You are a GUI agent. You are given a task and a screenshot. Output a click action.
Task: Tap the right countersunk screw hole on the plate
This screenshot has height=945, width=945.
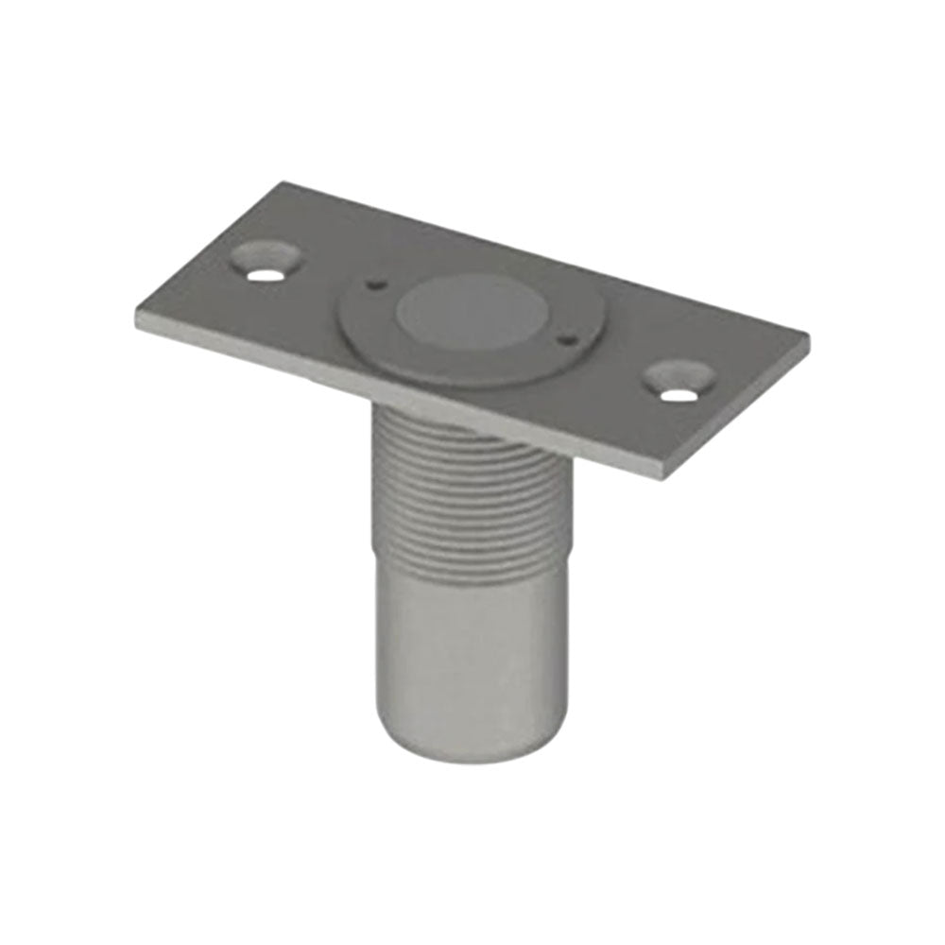[x=678, y=381]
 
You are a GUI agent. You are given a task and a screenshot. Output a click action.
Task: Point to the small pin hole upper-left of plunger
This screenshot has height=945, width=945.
[x=375, y=282]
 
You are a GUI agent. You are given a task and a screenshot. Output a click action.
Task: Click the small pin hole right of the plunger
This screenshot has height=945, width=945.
[x=565, y=337]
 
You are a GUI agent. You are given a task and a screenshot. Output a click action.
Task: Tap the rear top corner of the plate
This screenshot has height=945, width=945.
[x=283, y=183]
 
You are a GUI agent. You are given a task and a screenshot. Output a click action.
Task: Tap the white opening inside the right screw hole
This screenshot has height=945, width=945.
[x=673, y=393]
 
